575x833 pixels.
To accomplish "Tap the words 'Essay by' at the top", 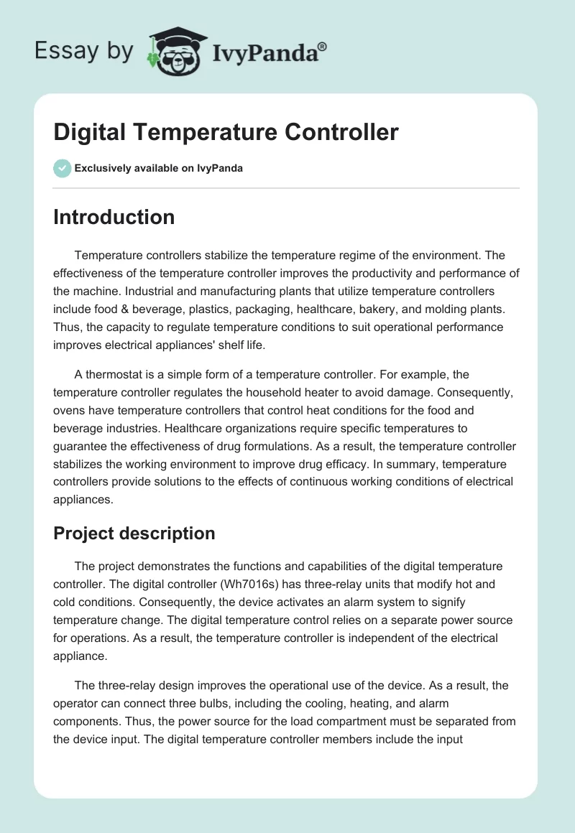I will (x=83, y=51).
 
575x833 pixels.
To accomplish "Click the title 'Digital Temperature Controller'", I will (x=226, y=133).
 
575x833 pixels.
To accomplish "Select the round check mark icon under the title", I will (x=62, y=168).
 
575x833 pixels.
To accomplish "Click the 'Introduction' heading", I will (x=114, y=217).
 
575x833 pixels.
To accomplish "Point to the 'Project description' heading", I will (x=134, y=534).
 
